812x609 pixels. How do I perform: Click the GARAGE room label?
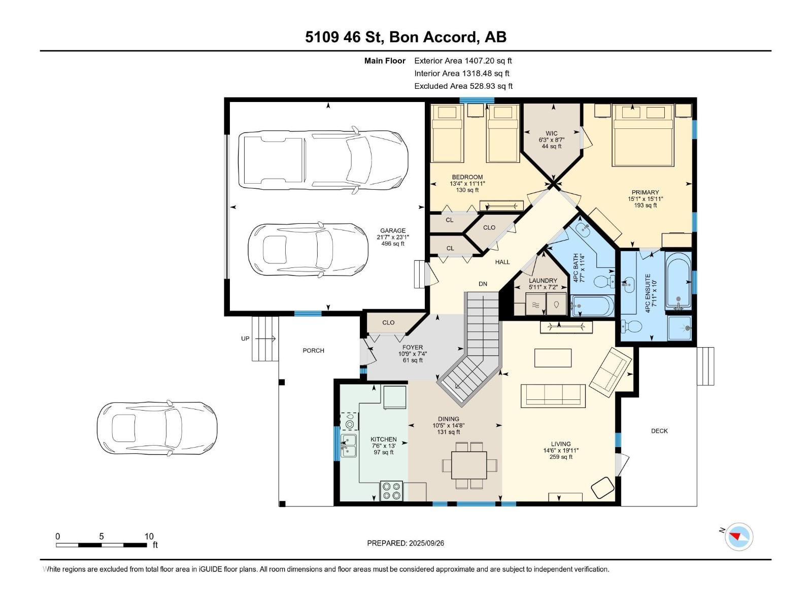[392, 230]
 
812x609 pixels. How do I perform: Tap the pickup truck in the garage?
[323, 160]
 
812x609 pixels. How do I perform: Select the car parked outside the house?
[157, 429]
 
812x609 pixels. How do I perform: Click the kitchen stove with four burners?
[391, 491]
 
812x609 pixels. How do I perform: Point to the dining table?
[469, 465]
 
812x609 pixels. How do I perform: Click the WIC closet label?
[551, 133]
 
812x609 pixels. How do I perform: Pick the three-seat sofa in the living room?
[553, 396]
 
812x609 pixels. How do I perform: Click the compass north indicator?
[738, 536]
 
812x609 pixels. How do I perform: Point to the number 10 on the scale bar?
[149, 536]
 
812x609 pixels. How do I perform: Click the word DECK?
[659, 431]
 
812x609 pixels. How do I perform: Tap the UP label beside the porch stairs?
[245, 339]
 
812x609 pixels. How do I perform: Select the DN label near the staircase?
[483, 284]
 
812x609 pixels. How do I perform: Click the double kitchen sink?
[349, 446]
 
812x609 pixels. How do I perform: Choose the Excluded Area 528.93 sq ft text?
[463, 86]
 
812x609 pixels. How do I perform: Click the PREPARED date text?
[405, 543]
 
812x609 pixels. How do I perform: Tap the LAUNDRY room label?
[543, 281]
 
